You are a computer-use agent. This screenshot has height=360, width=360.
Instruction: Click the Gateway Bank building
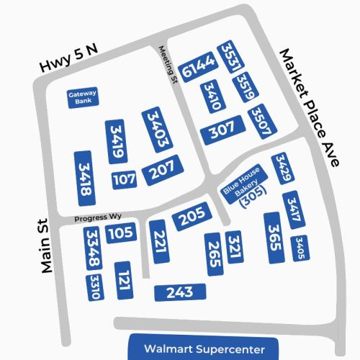[x=83, y=98]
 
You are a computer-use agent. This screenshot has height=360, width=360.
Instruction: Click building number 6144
[x=199, y=67]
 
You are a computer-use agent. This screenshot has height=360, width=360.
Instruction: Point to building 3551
[x=229, y=57]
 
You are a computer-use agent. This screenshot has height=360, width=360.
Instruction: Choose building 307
[x=222, y=131]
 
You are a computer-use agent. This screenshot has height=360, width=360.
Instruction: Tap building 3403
[x=157, y=130]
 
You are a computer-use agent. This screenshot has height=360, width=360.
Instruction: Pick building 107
[x=124, y=179]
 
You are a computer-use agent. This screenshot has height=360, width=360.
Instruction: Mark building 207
[x=158, y=171]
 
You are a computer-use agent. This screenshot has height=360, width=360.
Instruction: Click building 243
[x=179, y=292]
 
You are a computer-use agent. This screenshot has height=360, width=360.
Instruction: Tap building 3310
[x=94, y=287]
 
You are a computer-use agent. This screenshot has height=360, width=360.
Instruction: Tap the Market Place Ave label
[x=308, y=108]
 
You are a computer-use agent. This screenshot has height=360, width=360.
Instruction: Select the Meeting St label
[x=167, y=66]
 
